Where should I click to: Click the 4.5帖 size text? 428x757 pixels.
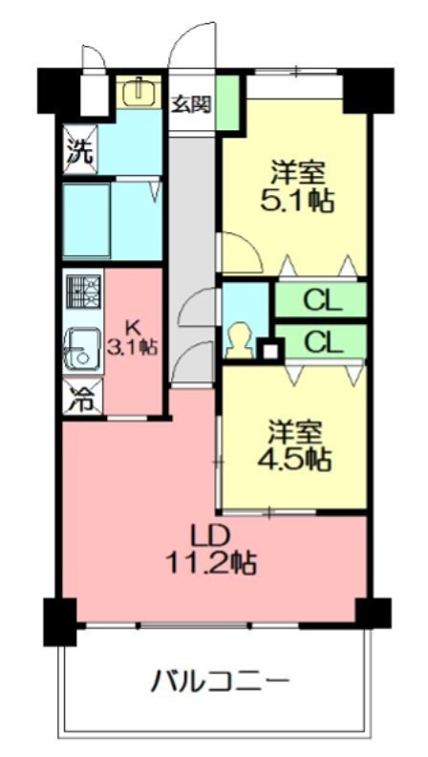(x=294, y=458)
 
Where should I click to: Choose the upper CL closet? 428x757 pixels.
(x=322, y=301)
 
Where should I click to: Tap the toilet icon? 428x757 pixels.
(x=239, y=339)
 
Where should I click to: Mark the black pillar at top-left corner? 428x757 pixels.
(x=57, y=91)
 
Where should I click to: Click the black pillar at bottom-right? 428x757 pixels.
(x=372, y=613)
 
